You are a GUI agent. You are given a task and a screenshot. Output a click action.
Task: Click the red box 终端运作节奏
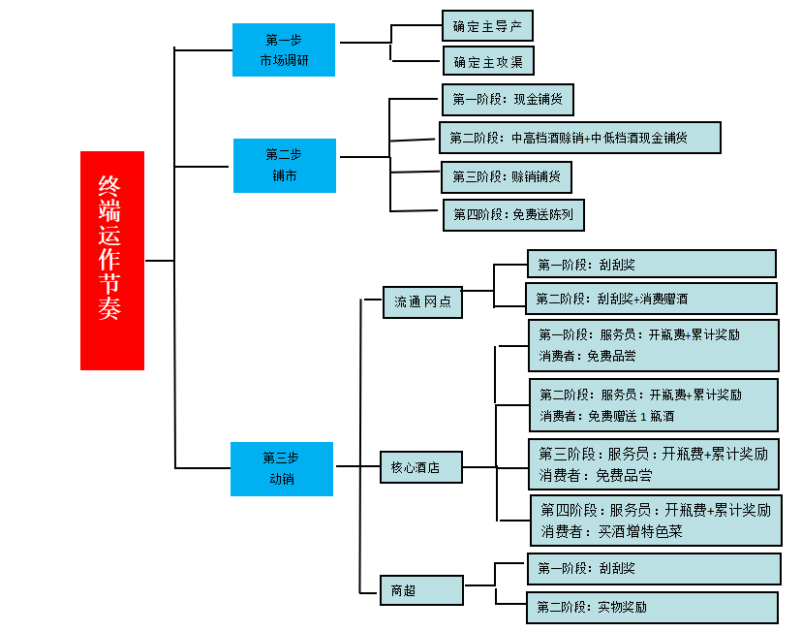(111, 260)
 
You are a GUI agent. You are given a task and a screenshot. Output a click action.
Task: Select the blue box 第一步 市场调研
(283, 49)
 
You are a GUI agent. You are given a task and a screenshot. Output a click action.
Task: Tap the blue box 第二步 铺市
(284, 165)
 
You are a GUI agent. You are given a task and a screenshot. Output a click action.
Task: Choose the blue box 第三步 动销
(281, 469)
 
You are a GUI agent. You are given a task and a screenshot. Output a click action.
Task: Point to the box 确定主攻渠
(488, 62)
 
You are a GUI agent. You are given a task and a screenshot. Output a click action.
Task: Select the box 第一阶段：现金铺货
(508, 99)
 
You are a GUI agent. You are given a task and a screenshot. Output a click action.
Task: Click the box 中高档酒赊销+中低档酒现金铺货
(579, 138)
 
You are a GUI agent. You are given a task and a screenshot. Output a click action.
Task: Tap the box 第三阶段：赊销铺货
(506, 176)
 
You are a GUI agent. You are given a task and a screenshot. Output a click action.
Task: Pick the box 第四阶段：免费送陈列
(513, 214)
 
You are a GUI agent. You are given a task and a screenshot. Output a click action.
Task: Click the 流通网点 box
(422, 301)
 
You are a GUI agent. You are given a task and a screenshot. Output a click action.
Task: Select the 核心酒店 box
(420, 467)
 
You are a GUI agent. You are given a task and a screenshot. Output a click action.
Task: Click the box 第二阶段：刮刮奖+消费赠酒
(651, 299)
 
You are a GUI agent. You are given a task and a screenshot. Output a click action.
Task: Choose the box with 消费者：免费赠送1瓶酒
(654, 404)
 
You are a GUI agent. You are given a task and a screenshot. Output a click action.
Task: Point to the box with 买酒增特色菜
(656, 521)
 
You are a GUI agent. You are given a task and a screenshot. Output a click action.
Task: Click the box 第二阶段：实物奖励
(652, 608)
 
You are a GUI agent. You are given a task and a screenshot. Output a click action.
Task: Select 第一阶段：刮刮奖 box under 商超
(654, 569)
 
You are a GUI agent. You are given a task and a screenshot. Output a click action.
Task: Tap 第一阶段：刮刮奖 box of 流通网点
(651, 264)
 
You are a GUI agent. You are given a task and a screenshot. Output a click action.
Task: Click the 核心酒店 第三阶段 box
(654, 463)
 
